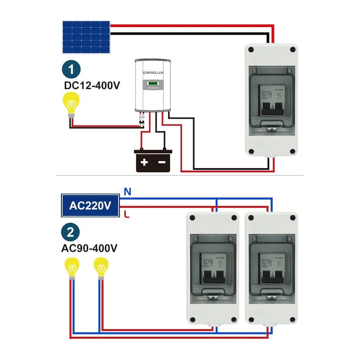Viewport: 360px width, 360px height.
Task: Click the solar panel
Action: pos(86,37)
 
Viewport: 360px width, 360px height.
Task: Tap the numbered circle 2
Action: pos(70,233)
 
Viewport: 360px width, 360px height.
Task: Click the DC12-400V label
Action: pos(92,85)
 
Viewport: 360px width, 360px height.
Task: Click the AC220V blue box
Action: pos(90,206)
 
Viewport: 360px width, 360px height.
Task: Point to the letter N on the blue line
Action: pos(127,192)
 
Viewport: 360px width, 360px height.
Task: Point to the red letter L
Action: pos(127,214)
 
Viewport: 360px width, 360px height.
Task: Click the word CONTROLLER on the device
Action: pos(153,72)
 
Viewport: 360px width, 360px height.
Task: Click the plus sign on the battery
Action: pos(144,162)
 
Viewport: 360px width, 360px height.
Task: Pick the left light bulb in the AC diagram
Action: pos(71,269)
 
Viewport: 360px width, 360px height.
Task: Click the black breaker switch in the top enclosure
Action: pos(271,107)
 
